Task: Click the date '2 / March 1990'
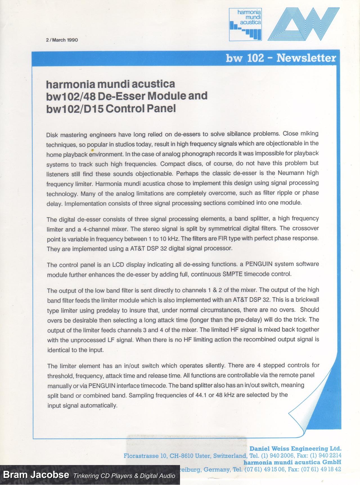click(62, 40)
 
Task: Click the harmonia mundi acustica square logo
click(245, 24)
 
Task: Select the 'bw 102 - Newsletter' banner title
click(281, 58)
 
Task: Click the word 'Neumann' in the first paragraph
click(291, 173)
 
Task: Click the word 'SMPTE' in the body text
click(233, 274)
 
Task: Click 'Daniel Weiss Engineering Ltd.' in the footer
click(295, 449)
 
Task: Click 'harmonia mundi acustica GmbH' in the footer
click(292, 463)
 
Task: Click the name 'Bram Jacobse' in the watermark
click(36, 475)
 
